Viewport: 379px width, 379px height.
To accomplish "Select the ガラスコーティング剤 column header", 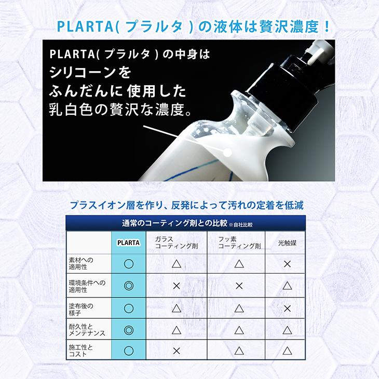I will [175, 242].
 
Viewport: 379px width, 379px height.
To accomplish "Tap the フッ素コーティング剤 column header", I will [239, 242].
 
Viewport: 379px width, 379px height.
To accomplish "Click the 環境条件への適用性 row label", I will [87, 286].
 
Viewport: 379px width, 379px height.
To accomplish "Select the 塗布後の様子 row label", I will [81, 308].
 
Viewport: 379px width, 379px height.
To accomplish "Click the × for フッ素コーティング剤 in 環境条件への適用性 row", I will [239, 286].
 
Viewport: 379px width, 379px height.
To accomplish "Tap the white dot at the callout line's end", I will [226, 152].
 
